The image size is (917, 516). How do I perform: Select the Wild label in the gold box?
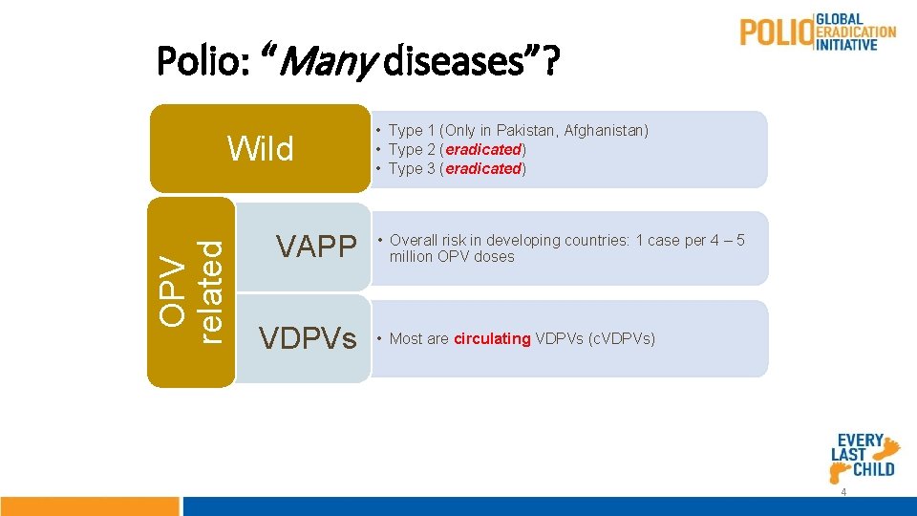(x=260, y=149)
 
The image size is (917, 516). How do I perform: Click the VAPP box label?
(x=315, y=247)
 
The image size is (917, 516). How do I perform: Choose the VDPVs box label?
(x=309, y=337)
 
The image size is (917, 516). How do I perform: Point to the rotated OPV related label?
(x=191, y=290)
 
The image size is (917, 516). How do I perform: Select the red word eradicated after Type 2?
(x=483, y=149)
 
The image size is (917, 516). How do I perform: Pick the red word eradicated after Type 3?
(x=483, y=168)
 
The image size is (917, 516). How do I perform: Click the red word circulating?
(x=492, y=338)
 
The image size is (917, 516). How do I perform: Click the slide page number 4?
(x=843, y=491)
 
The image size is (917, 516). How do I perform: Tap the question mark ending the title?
(x=553, y=63)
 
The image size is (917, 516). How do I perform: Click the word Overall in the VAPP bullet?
(x=414, y=240)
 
